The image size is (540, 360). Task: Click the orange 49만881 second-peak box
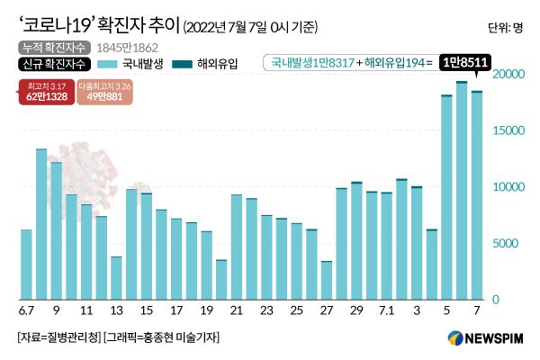103,93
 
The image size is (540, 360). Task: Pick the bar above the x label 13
116,278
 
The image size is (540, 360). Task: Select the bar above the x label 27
327,280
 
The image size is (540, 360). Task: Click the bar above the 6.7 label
26,265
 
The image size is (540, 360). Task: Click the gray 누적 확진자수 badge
52,47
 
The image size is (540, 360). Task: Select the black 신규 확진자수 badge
52,64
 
